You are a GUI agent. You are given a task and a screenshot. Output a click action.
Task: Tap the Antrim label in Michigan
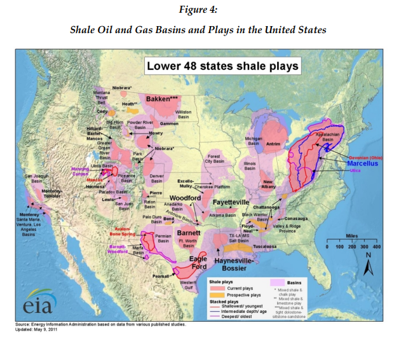274,144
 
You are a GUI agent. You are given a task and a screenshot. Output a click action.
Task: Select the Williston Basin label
183,114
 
